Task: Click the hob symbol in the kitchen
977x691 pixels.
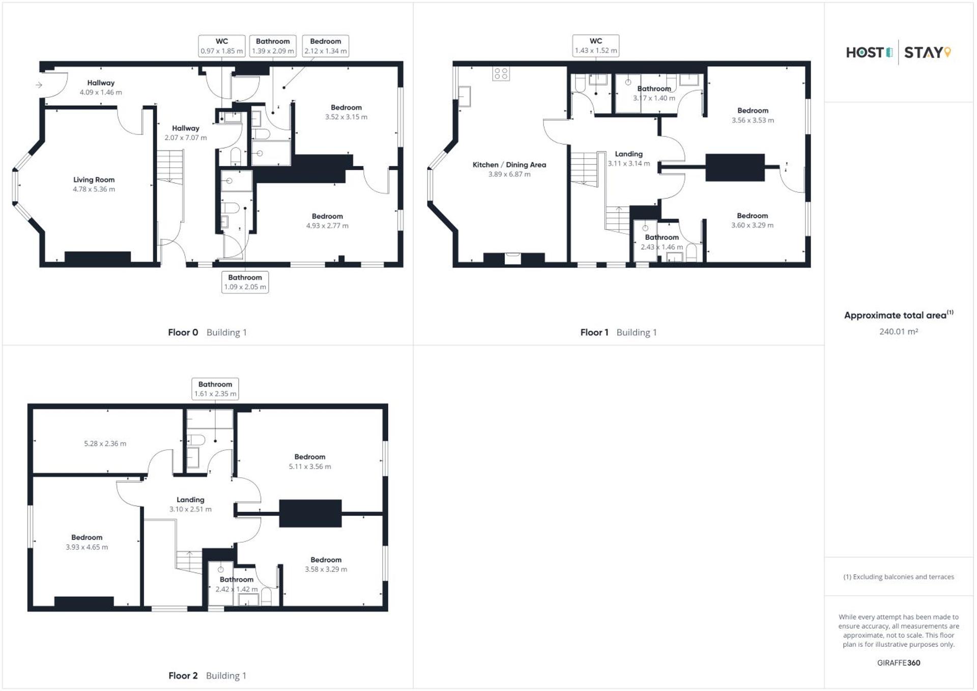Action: click(501, 74)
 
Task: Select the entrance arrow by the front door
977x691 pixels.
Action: click(39, 85)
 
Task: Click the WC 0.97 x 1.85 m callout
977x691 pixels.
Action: click(221, 46)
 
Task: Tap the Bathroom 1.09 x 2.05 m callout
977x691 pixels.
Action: click(245, 282)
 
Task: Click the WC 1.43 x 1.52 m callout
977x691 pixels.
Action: click(595, 46)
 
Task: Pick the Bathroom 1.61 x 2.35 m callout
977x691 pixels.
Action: click(215, 389)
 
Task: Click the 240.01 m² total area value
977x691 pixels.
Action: click(898, 331)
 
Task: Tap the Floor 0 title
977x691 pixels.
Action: click(183, 332)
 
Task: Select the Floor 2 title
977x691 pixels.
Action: click(183, 675)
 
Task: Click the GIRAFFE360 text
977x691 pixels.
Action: click(898, 663)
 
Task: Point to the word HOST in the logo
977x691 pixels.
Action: click(865, 52)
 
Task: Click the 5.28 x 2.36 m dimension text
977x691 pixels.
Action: click(105, 444)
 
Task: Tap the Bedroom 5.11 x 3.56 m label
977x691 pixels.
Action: click(309, 462)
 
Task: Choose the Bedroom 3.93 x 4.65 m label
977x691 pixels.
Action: click(87, 542)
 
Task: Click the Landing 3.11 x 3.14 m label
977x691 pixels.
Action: click(628, 158)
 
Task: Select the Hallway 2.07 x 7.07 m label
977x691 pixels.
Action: click(185, 133)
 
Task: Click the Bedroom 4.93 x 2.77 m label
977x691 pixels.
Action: click(327, 221)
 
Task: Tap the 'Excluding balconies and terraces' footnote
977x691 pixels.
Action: click(898, 577)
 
